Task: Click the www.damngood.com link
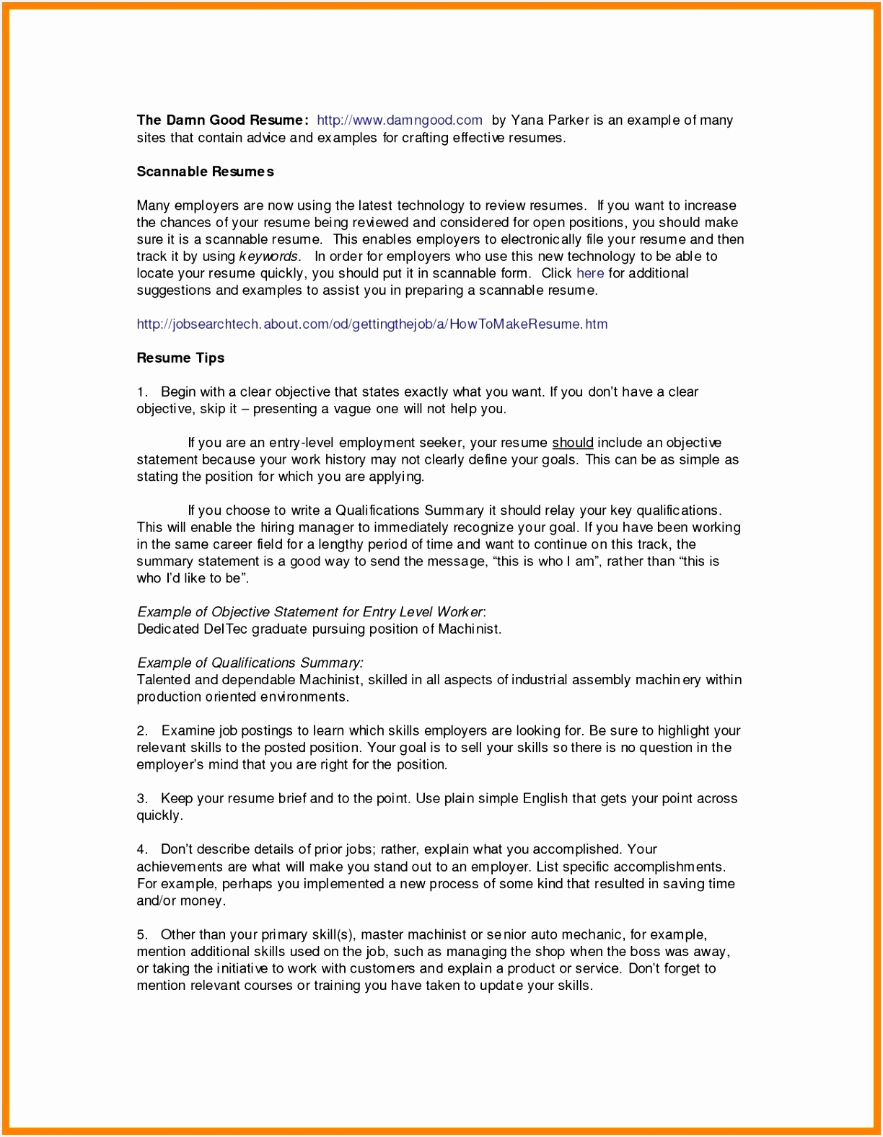point(400,120)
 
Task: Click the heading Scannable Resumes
point(205,172)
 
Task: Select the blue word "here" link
point(589,273)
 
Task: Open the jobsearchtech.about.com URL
point(372,324)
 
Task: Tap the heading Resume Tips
point(180,358)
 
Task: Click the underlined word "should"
point(572,443)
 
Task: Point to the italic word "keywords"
point(269,257)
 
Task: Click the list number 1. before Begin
point(142,392)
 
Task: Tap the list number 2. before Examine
point(142,731)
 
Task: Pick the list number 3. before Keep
point(142,799)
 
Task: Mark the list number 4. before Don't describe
point(142,849)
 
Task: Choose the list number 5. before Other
point(142,935)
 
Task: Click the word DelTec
point(226,629)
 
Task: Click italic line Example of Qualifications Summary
point(250,663)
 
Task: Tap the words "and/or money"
point(181,901)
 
